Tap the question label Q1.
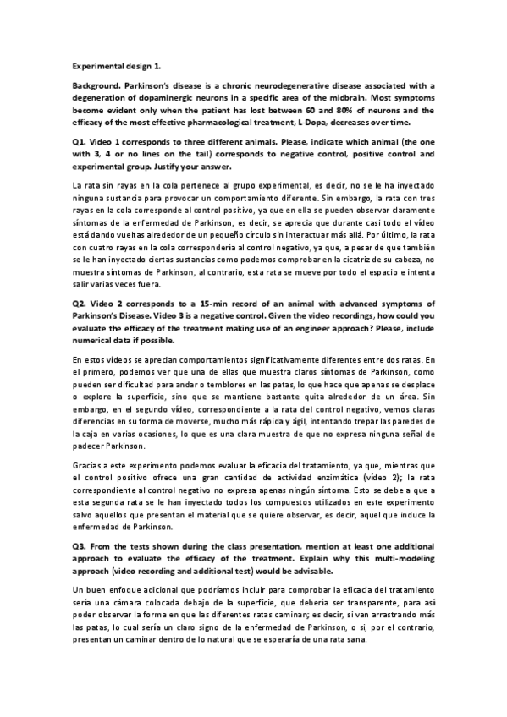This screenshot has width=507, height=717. (79, 142)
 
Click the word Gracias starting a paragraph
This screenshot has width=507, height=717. (88, 465)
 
